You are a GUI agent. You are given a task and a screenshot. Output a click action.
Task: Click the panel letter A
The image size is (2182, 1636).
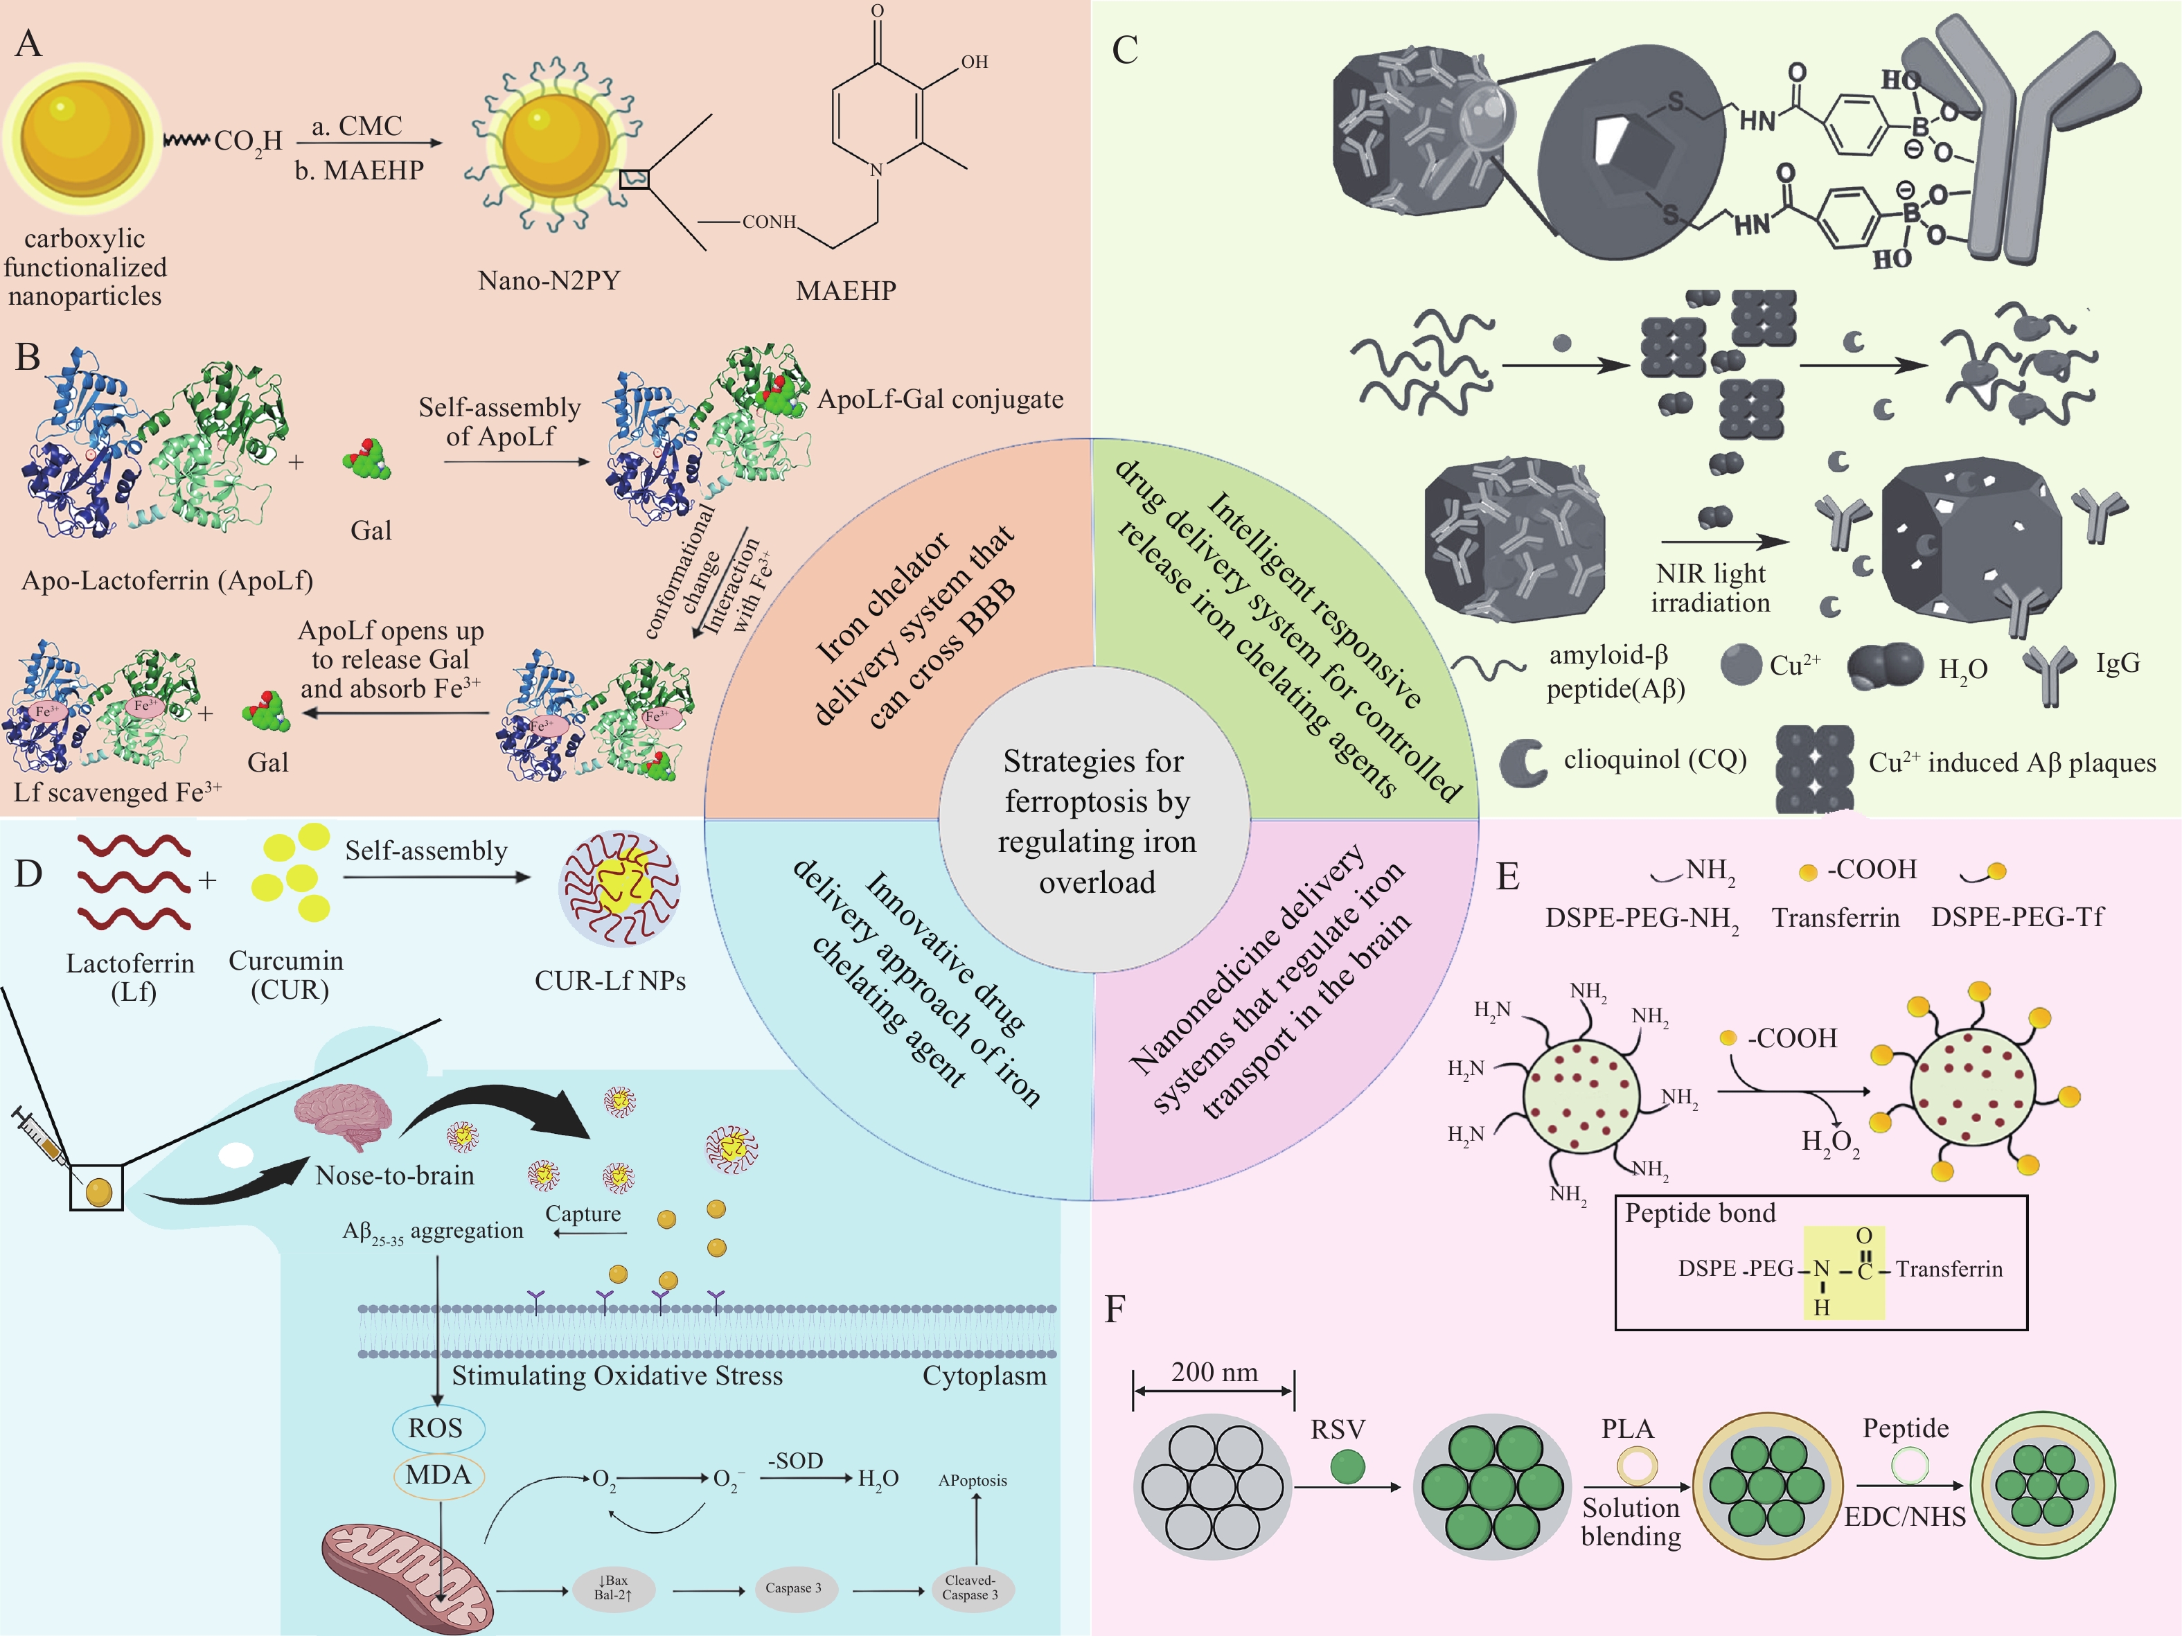[x=28, y=44]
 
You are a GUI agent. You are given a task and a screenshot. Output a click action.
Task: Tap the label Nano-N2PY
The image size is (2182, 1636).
[x=549, y=281]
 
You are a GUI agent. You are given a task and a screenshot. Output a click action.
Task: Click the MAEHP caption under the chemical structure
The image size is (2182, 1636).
[x=845, y=291]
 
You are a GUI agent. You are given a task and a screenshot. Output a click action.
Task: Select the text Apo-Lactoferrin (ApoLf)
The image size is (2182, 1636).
[x=168, y=580]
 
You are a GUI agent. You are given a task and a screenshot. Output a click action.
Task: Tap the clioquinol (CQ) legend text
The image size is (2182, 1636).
[x=1654, y=759]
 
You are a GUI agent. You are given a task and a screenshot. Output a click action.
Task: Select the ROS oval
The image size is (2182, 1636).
[x=434, y=1428]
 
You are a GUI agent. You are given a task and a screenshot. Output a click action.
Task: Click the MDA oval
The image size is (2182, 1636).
[x=438, y=1475]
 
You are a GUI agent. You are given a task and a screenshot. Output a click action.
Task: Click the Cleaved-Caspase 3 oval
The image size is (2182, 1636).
[x=970, y=1587]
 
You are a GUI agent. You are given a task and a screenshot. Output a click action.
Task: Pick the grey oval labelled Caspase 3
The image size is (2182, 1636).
[x=793, y=1588]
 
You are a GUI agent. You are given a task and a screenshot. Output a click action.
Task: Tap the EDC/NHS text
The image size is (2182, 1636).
[x=1905, y=1517]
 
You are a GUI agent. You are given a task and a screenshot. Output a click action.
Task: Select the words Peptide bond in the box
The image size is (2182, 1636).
[x=1700, y=1213]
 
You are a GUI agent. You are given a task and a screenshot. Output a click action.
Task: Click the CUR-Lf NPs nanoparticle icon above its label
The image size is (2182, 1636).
[x=619, y=887]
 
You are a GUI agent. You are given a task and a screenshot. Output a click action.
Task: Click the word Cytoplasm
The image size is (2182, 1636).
[x=984, y=1376]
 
